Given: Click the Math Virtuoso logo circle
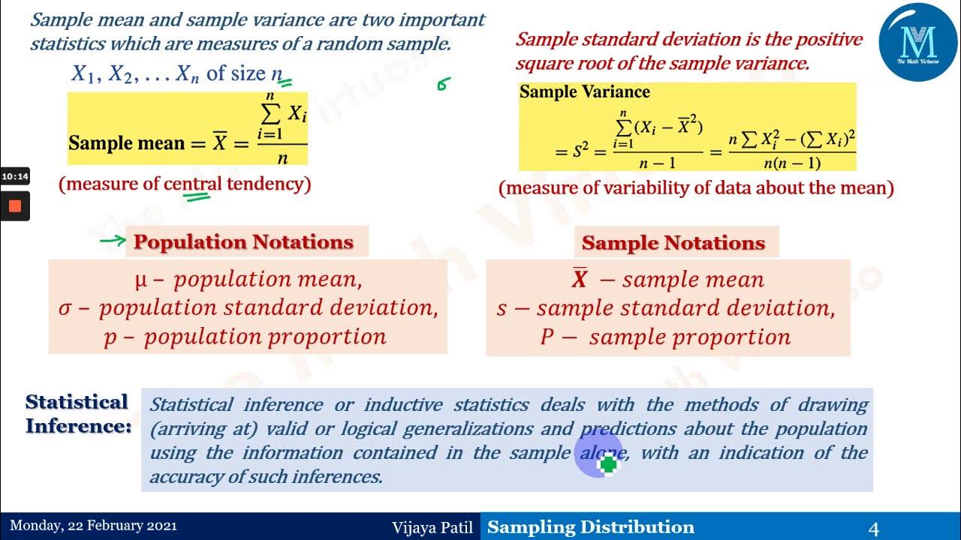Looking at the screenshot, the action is pyautogui.click(x=917, y=42).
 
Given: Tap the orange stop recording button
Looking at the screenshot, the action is pyautogui.click(x=15, y=206).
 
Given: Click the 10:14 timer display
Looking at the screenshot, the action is pyautogui.click(x=15, y=176).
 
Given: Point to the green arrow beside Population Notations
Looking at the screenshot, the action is pyautogui.click(x=113, y=241).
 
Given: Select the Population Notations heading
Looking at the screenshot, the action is pyautogui.click(x=243, y=242).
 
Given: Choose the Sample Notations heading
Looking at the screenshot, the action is pyautogui.click(x=673, y=243).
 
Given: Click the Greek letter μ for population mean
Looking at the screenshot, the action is pyautogui.click(x=141, y=281).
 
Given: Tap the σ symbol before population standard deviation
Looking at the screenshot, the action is pyautogui.click(x=64, y=308).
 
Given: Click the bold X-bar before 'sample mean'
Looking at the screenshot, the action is pyautogui.click(x=579, y=277).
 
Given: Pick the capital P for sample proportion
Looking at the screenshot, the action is pyautogui.click(x=547, y=337).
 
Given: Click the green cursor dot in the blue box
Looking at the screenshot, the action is pyautogui.click(x=608, y=463).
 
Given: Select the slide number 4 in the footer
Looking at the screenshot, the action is pyautogui.click(x=873, y=528).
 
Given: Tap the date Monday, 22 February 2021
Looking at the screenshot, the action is pyautogui.click(x=93, y=526).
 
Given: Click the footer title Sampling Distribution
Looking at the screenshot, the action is pyautogui.click(x=591, y=527).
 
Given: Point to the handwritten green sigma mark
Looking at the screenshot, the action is pyautogui.click(x=443, y=84).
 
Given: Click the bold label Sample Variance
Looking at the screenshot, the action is pyautogui.click(x=584, y=91).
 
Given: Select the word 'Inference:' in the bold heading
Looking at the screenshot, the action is pyautogui.click(x=79, y=426).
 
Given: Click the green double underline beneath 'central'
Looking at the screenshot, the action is pyautogui.click(x=197, y=197).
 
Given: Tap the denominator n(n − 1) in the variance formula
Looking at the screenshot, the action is pyautogui.click(x=792, y=163).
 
